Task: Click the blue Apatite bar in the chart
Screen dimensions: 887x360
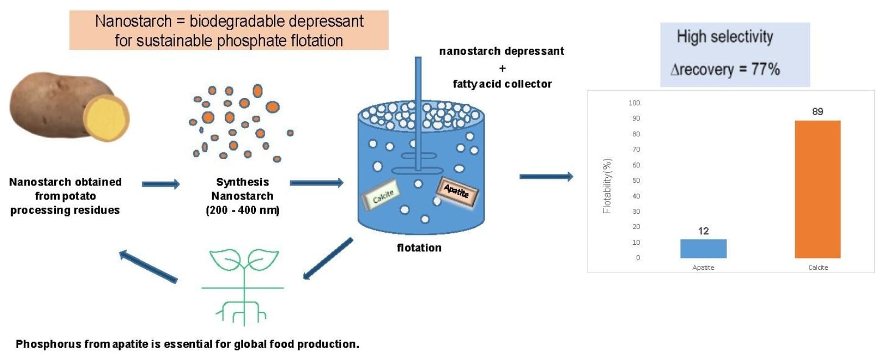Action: (x=703, y=249)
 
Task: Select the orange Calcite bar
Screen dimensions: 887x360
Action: (x=817, y=189)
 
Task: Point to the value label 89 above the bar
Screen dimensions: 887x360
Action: (x=817, y=112)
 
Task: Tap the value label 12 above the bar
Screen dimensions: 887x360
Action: (x=703, y=231)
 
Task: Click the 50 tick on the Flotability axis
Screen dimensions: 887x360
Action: (x=636, y=180)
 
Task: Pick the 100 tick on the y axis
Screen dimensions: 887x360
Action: (x=634, y=103)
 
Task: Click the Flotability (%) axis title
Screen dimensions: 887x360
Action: (x=607, y=186)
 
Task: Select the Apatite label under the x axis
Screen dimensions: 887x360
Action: (x=703, y=268)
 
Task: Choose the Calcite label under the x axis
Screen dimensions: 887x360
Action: (x=818, y=268)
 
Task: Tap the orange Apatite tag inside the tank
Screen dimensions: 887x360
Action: (x=457, y=192)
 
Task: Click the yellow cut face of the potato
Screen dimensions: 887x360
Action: (x=106, y=118)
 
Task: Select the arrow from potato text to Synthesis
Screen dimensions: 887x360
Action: (x=161, y=184)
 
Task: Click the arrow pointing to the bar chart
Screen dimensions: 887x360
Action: (x=546, y=176)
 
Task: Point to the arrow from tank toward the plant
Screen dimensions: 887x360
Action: (x=327, y=259)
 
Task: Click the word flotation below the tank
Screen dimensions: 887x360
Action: (x=419, y=248)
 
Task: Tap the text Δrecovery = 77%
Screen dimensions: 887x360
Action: (x=725, y=70)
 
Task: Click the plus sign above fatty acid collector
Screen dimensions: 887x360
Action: (x=503, y=69)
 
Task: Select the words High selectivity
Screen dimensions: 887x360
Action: (x=725, y=37)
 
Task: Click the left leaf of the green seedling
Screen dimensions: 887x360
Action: (x=225, y=259)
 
